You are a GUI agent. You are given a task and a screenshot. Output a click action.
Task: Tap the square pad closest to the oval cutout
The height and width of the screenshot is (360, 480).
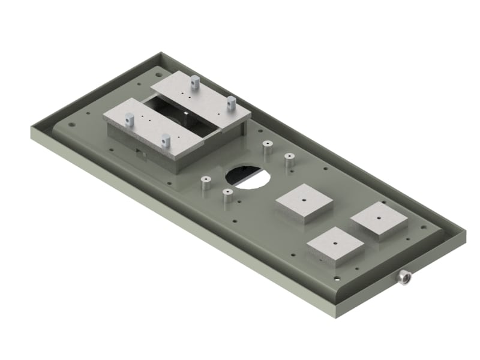coord(304,202)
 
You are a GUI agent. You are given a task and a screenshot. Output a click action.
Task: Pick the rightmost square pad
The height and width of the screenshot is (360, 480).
coord(379,220)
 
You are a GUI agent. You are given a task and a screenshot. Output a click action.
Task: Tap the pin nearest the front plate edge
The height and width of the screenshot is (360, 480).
coord(166,142)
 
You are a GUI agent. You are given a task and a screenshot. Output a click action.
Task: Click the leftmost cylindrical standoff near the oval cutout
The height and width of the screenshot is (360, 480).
coord(206,182)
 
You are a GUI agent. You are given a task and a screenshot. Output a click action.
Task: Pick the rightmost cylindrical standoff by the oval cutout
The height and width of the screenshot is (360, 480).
coord(289,161)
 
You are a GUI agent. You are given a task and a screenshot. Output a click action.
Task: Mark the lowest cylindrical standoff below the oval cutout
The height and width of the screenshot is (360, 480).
coord(227,196)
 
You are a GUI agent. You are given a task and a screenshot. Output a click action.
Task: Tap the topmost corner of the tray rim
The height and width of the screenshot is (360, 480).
coord(160,53)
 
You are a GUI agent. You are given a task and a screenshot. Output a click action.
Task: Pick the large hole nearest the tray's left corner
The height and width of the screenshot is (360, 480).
coord(72,125)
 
